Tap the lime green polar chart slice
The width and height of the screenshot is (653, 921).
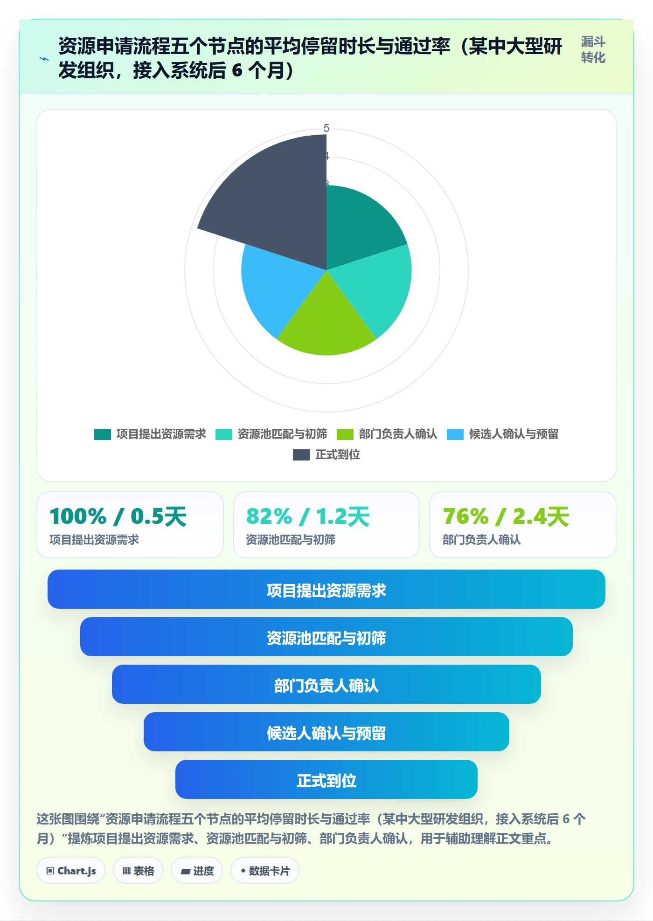(x=326, y=322)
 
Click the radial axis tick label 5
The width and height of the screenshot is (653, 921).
(x=326, y=128)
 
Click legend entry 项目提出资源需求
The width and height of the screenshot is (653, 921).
(x=150, y=434)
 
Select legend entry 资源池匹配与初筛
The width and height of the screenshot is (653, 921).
(x=271, y=434)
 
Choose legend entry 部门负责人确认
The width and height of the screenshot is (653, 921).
(x=387, y=434)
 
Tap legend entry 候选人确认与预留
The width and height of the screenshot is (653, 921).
(x=503, y=434)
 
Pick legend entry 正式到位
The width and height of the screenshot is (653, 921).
(x=326, y=455)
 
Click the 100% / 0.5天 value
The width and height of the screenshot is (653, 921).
(x=118, y=516)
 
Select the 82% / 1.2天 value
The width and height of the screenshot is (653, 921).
(x=308, y=516)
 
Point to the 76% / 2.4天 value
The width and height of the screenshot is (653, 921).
(x=506, y=516)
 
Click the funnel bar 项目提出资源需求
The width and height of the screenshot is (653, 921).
(x=326, y=589)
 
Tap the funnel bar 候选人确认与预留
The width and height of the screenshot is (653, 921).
(x=326, y=732)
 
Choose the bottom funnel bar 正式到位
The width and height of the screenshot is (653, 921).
(x=326, y=779)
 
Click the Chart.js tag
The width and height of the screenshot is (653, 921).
(x=71, y=870)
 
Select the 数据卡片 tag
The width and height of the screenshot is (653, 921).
(x=265, y=870)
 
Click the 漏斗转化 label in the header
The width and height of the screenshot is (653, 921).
(x=593, y=50)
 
